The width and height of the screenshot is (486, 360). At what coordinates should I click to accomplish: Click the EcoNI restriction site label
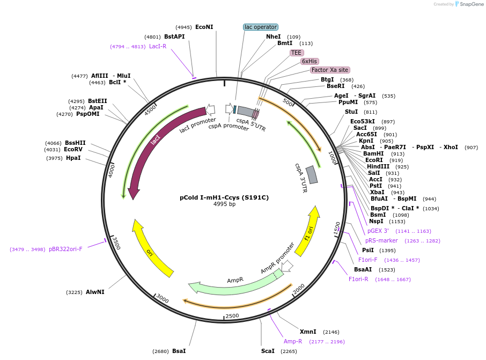204,27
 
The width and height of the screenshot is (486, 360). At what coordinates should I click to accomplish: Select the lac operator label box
261,27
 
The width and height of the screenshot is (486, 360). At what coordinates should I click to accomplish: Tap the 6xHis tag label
310,61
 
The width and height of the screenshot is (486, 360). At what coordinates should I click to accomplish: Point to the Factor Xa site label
330,70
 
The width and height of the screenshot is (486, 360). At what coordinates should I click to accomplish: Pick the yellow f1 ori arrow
308,231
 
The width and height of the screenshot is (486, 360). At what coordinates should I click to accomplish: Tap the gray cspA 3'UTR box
312,175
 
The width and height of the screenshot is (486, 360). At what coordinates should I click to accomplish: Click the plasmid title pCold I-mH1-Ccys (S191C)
224,197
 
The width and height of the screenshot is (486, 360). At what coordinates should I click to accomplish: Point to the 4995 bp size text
224,204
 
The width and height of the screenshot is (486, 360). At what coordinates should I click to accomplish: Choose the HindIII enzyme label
378,166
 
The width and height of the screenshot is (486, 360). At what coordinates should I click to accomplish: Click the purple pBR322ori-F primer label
65,249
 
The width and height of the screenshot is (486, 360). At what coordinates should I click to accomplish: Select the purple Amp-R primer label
292,341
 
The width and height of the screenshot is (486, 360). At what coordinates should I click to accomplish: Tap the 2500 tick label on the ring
232,315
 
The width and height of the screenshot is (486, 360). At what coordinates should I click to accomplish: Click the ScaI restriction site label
268,351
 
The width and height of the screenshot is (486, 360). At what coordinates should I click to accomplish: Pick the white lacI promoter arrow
210,109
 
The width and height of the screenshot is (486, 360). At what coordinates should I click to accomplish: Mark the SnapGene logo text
472,4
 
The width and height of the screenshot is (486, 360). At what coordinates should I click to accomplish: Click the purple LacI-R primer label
158,46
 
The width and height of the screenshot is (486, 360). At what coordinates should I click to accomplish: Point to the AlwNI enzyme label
95,292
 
